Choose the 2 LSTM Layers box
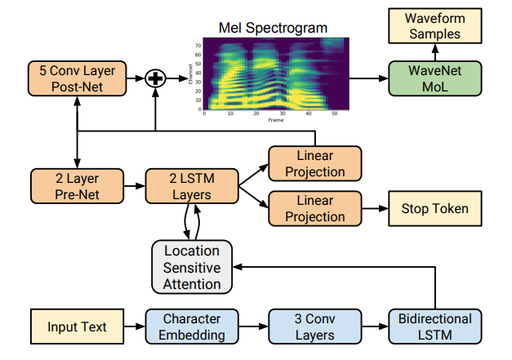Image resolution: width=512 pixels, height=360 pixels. coord(190,186)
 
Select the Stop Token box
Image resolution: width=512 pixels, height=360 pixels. coord(434,209)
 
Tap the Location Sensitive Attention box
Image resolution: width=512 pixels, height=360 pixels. coord(192,267)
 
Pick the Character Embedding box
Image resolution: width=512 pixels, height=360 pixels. coord(192,327)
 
